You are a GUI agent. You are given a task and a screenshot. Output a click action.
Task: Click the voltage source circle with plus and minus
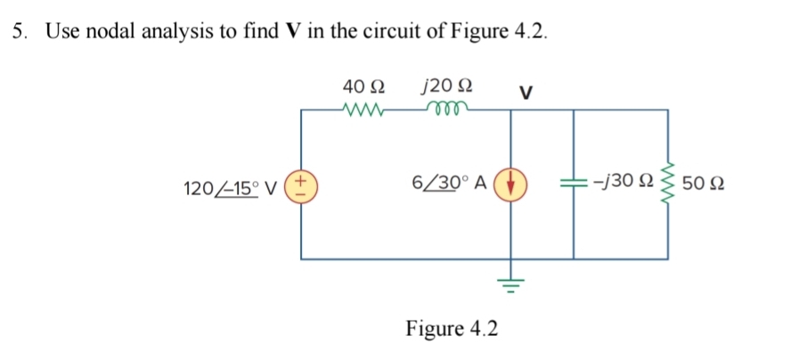(301, 186)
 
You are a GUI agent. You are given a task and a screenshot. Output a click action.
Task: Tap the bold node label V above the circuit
(525, 91)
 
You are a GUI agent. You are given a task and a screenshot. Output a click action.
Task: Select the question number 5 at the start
(20, 31)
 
